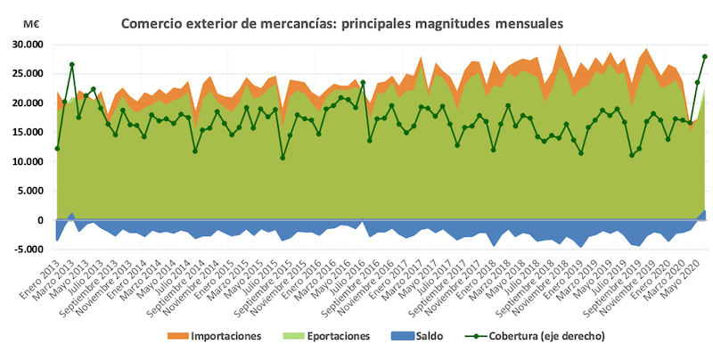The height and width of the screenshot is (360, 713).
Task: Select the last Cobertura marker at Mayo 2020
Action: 705,56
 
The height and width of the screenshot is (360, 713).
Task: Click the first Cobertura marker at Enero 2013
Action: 56,149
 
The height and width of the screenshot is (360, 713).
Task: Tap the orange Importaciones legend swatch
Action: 175,336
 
